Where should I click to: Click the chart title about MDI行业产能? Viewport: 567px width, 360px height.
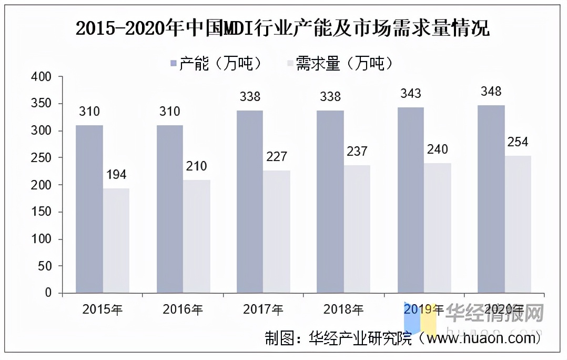[x=282, y=28]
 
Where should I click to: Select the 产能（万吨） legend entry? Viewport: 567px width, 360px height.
[x=216, y=64]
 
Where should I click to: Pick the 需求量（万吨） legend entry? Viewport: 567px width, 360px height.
[x=339, y=64]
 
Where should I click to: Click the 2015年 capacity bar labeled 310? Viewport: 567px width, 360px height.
[x=89, y=209]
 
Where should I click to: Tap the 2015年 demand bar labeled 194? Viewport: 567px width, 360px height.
[x=116, y=241]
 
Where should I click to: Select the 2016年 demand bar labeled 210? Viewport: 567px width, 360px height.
[x=197, y=236]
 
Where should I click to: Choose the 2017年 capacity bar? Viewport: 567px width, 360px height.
[x=250, y=202]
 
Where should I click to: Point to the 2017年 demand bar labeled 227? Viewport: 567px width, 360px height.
[x=277, y=232]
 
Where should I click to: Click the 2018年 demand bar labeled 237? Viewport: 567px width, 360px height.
[x=357, y=229]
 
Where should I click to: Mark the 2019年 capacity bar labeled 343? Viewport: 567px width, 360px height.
[x=411, y=200]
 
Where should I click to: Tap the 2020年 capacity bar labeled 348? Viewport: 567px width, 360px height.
[x=491, y=199]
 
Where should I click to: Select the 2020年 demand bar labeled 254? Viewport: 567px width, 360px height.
[x=518, y=224]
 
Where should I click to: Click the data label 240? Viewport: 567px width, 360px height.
[x=437, y=149]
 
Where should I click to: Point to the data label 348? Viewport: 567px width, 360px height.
[x=491, y=92]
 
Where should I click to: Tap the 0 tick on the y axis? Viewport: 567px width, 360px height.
[x=48, y=293]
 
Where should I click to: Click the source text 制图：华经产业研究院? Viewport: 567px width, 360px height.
[x=338, y=337]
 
